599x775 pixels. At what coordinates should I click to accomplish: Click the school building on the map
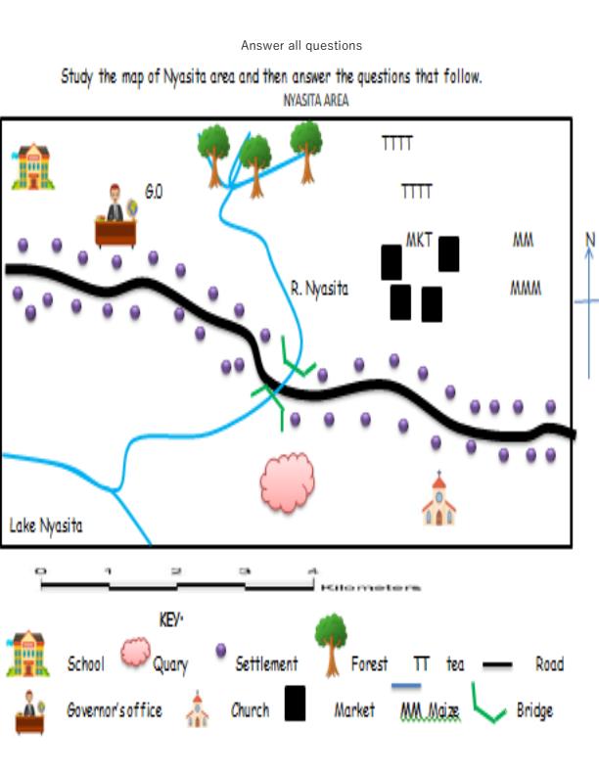(32, 166)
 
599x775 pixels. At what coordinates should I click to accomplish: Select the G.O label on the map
(154, 193)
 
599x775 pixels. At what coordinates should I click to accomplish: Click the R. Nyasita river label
(319, 289)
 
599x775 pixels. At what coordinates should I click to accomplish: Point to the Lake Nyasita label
(46, 526)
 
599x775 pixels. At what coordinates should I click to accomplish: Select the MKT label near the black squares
(419, 240)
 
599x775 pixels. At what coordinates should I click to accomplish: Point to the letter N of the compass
(589, 239)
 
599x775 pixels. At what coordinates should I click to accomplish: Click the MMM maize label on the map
(526, 289)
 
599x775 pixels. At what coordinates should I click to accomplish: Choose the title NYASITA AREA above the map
(315, 101)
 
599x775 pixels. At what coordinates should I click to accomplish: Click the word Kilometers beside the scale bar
(371, 587)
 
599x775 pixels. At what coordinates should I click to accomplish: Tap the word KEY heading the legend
(170, 620)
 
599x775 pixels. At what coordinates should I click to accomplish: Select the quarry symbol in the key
(136, 654)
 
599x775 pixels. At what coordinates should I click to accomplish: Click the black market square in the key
(295, 704)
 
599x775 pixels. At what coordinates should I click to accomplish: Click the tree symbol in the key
(331, 642)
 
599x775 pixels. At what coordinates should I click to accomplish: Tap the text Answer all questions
(300, 46)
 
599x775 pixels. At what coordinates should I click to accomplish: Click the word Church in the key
(250, 710)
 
